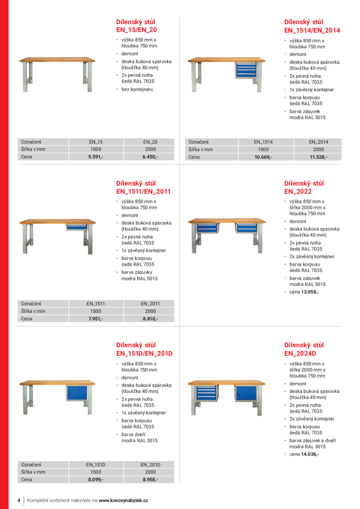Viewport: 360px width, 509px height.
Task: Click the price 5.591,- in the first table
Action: tap(96, 157)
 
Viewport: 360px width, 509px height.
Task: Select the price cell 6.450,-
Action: tap(150, 157)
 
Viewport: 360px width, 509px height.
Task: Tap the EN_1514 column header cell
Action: tap(263, 142)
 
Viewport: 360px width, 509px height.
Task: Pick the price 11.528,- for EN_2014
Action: tap(318, 157)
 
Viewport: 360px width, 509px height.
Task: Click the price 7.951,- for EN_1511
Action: tap(96, 319)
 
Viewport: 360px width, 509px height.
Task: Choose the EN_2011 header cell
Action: tap(150, 303)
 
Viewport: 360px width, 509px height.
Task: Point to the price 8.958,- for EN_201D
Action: tap(150, 480)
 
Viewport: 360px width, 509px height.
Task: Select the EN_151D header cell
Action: tap(96, 465)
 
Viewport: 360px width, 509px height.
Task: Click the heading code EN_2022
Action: tap(298, 191)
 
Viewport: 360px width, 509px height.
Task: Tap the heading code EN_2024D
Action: tap(300, 353)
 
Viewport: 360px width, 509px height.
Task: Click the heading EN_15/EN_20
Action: tap(136, 30)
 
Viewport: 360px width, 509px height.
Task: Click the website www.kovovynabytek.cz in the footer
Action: tap(123, 500)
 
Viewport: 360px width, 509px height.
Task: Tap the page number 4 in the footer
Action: tap(19, 500)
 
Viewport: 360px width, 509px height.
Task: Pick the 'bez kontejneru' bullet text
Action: tap(137, 89)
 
